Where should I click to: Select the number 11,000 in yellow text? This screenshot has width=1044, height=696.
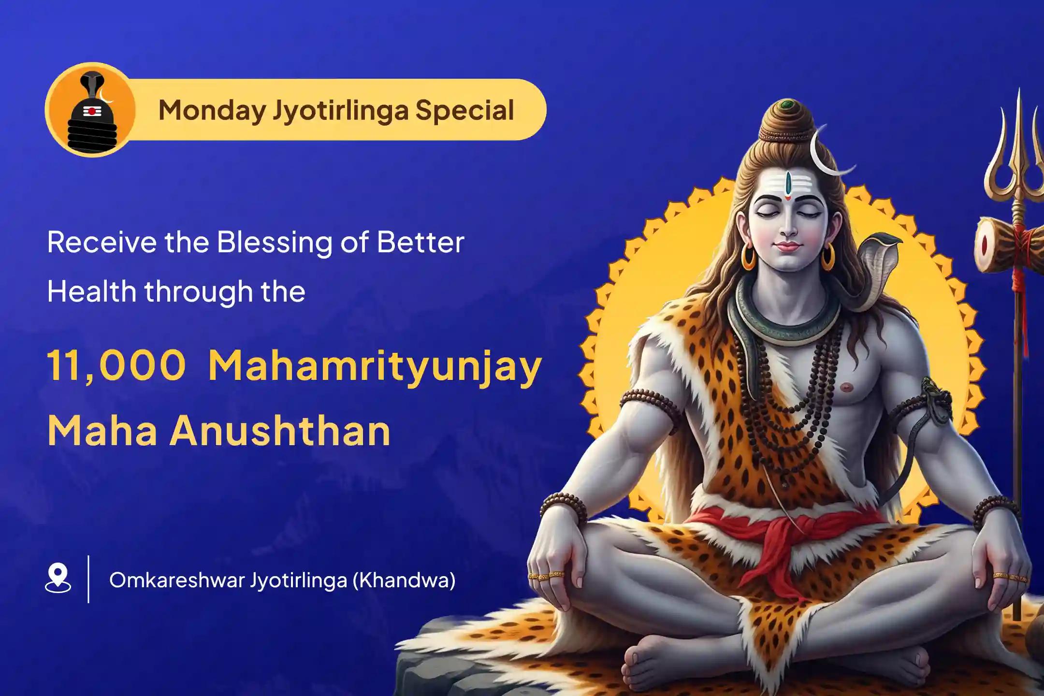pos(116,366)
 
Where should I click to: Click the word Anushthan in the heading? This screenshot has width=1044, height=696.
pos(280,431)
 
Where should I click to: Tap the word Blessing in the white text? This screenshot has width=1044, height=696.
pos(275,243)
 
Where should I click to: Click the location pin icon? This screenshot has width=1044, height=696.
pos(58,577)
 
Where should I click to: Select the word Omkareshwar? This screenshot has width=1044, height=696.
pos(176,580)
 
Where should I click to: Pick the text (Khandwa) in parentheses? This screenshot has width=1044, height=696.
pos(404,580)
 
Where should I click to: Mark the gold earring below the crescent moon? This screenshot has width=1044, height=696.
pos(827,256)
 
